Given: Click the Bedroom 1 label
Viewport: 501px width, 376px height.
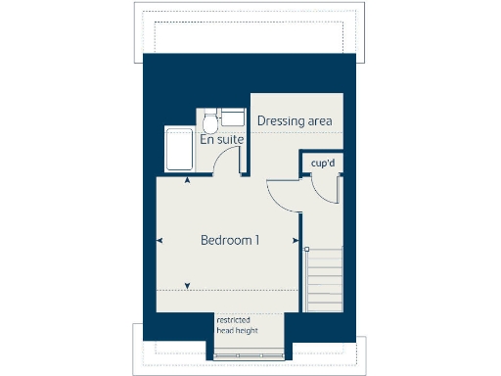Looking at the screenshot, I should pyautogui.click(x=229, y=240).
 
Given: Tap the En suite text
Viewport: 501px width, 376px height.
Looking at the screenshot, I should pyautogui.click(x=222, y=140).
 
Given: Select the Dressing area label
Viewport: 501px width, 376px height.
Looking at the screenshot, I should pyautogui.click(x=295, y=121).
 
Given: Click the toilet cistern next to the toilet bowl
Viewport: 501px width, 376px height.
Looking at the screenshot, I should pyautogui.click(x=231, y=117).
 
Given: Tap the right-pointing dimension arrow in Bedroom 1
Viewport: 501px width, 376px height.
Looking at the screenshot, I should pyautogui.click(x=295, y=240).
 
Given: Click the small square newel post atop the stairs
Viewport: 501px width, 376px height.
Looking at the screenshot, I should pyautogui.click(x=306, y=250).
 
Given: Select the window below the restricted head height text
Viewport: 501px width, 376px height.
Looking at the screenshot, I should pyautogui.click(x=250, y=352).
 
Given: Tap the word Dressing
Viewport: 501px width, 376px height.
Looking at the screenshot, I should pyautogui.click(x=279, y=121).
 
